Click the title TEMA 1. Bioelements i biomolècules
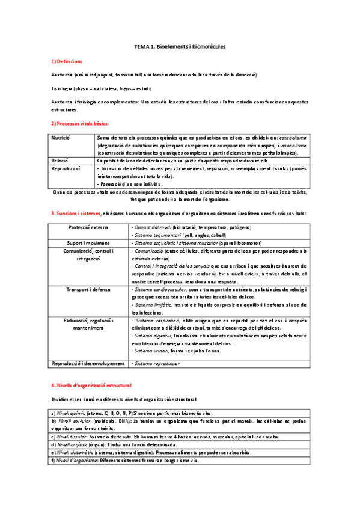[x=180, y=46]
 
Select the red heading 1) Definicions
[x=67, y=62]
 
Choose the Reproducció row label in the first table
[x=64, y=170]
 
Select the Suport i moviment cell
[x=89, y=242]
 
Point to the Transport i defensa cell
[x=89, y=289]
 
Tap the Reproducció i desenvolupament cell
[x=89, y=363]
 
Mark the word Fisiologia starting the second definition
[x=63, y=88]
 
